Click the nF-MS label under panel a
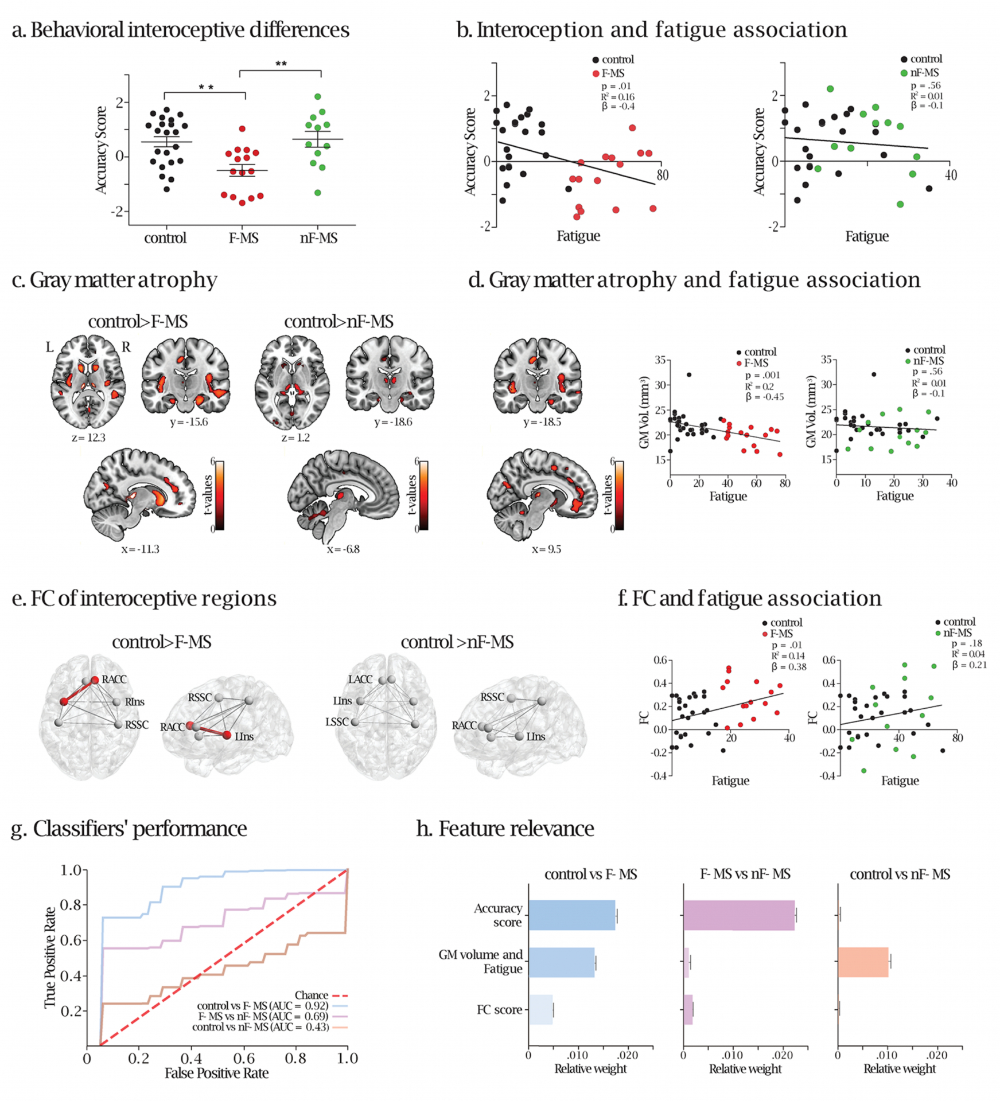click(x=318, y=238)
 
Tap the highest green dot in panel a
click(x=318, y=97)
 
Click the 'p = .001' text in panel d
click(x=762, y=375)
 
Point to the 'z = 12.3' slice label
click(x=88, y=438)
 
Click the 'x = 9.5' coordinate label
click(x=546, y=549)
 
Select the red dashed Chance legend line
click(x=340, y=995)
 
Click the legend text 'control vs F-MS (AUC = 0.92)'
click(x=263, y=1006)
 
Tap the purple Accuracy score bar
click(x=739, y=915)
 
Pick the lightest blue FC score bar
click(x=540, y=1010)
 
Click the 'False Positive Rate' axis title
click(x=216, y=1073)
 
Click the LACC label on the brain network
click(x=360, y=680)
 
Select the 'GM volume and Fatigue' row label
click(x=481, y=962)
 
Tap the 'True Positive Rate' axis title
click(x=50, y=957)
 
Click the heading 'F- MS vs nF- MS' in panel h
click(x=745, y=874)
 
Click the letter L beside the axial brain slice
click(x=50, y=347)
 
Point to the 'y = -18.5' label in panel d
click(x=542, y=422)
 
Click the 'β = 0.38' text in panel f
click(x=789, y=667)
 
